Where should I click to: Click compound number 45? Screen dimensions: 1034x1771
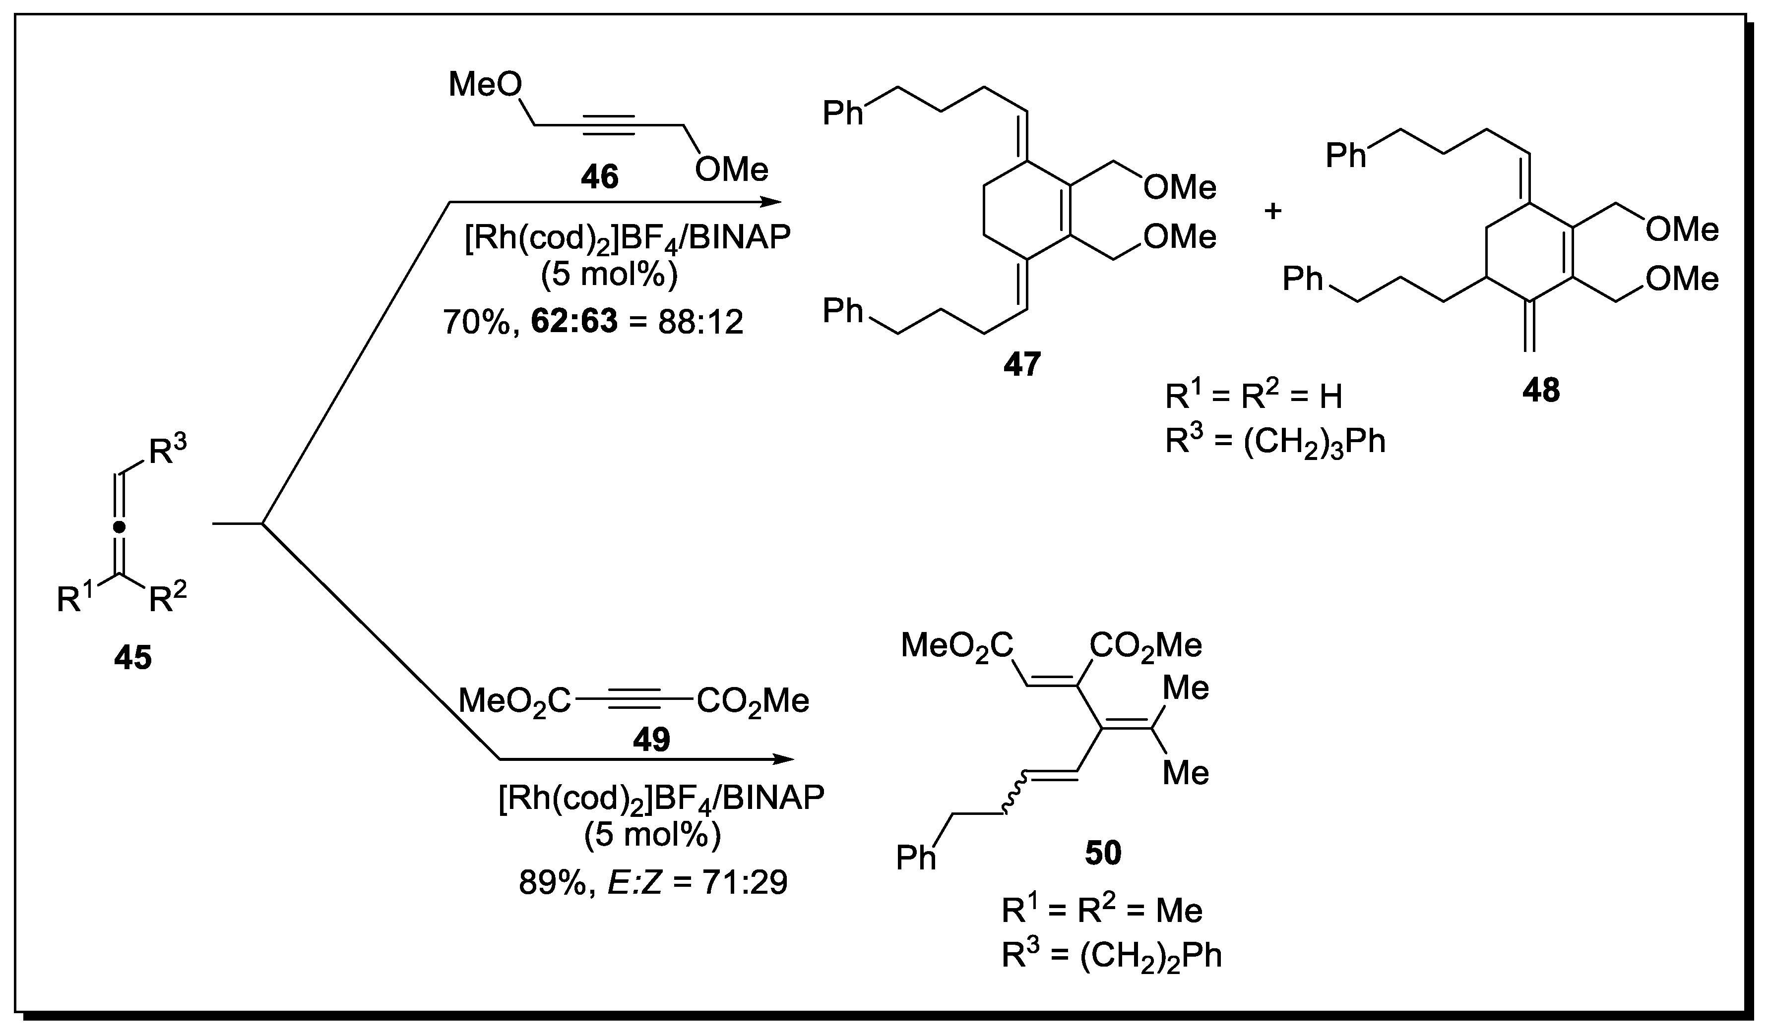[x=133, y=658]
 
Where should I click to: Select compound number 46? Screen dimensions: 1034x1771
[x=599, y=177]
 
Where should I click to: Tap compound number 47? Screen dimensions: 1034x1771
[x=1022, y=364]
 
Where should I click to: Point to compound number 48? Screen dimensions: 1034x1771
[x=1541, y=390]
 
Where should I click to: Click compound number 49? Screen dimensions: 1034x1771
[x=651, y=739]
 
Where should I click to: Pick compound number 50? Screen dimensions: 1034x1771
[x=1103, y=853]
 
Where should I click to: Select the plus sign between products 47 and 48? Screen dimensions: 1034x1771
[x=1273, y=211]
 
